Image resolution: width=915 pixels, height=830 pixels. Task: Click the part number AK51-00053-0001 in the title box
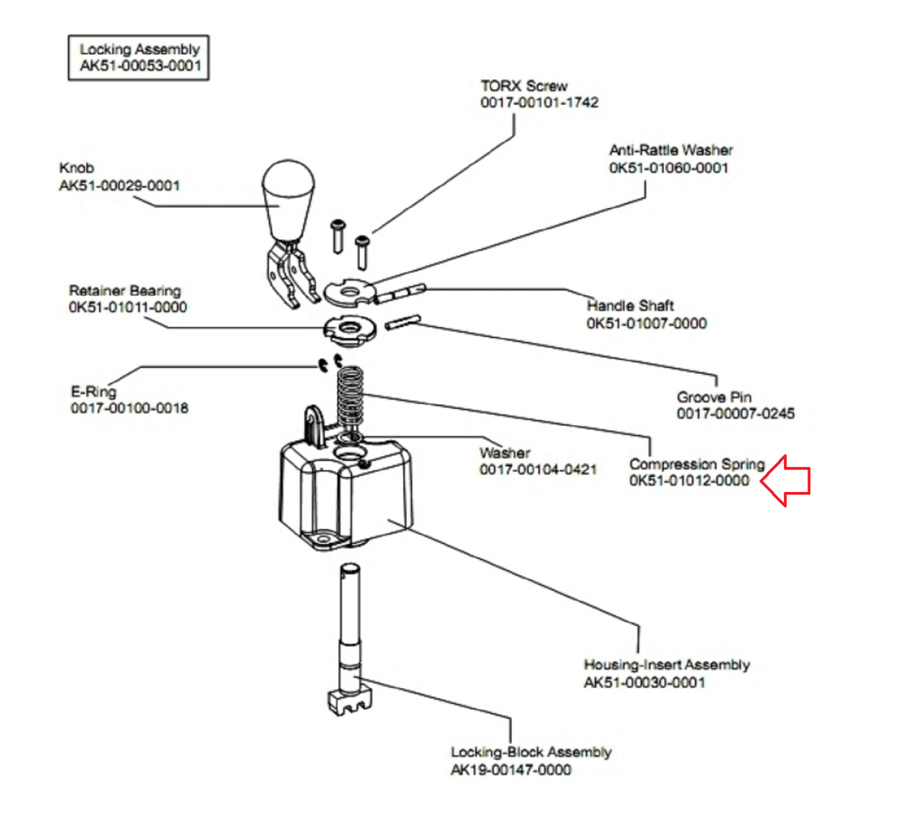[x=141, y=66]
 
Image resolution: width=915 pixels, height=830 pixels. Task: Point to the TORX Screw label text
[x=524, y=86]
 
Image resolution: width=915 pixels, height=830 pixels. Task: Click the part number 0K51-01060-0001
[x=669, y=168]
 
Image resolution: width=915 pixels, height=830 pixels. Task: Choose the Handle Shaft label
[x=630, y=306]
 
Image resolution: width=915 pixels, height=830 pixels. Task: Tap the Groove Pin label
[x=714, y=397]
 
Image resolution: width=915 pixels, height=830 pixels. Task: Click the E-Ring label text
[x=93, y=392]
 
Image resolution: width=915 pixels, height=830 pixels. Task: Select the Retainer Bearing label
[x=125, y=291]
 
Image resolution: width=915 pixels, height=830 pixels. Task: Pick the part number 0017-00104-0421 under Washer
[x=538, y=470]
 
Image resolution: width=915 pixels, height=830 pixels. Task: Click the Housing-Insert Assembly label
[x=667, y=665]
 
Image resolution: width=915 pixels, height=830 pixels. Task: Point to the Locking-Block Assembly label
[x=531, y=752]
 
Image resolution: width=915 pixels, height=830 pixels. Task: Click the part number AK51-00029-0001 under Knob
[x=120, y=186]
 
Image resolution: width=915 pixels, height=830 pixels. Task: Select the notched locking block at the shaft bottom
[x=349, y=701]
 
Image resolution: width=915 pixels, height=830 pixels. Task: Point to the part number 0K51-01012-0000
[x=689, y=480]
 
